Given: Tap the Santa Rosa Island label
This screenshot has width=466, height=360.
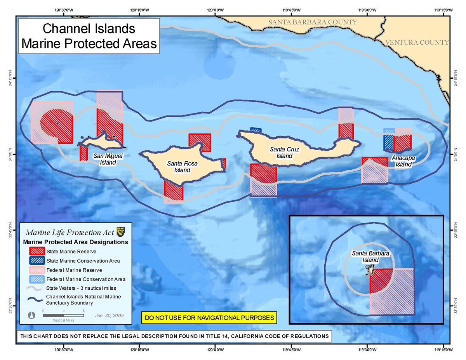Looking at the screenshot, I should [179, 167].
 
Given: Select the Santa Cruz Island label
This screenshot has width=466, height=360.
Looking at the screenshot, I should [284, 152].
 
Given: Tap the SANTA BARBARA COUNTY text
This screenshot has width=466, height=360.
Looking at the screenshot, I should [312, 22].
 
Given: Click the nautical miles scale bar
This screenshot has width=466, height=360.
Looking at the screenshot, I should [63, 315].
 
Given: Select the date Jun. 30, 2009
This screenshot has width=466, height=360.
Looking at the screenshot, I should [110, 315].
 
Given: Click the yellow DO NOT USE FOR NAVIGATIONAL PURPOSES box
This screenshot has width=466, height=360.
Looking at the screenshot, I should [209, 317].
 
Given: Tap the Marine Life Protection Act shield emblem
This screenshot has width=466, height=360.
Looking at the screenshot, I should [121, 232].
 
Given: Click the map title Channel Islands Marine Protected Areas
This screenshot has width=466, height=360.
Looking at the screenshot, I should [89, 36].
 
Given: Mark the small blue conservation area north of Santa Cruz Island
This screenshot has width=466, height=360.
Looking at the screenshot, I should [256, 130].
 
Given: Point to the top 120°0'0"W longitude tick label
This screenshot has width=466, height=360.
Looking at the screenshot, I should [216, 10].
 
